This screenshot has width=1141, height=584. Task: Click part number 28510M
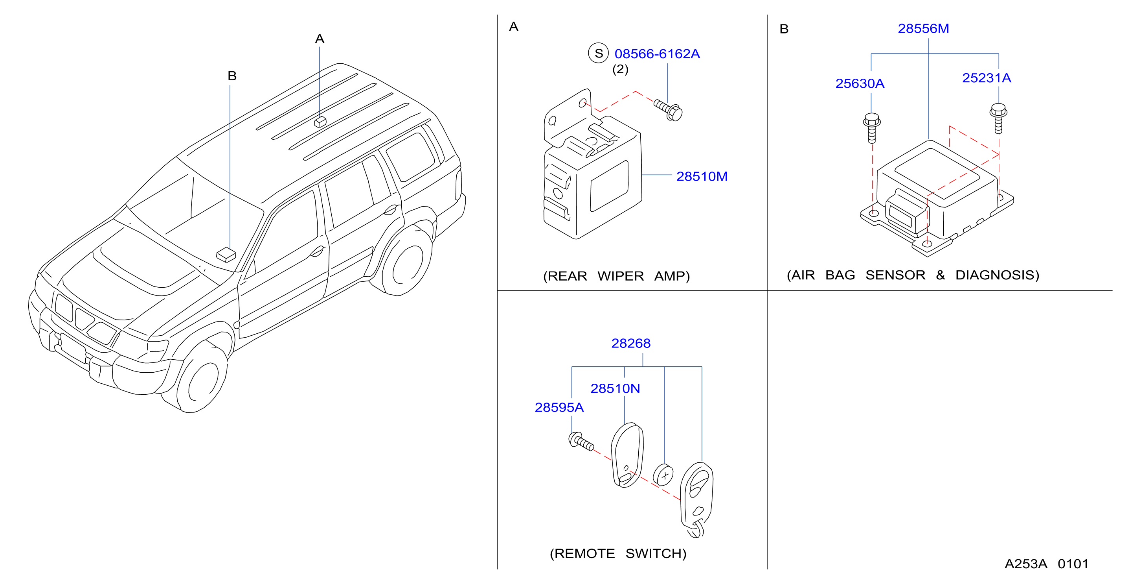(x=702, y=176)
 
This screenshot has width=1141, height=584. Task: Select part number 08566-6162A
(x=657, y=54)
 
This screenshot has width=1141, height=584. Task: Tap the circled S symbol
(x=598, y=53)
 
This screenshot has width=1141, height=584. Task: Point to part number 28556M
(x=923, y=28)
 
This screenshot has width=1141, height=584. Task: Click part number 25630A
(x=860, y=83)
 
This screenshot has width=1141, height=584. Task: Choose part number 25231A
(x=987, y=78)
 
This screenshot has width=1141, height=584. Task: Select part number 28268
(x=631, y=343)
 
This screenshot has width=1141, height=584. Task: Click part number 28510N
(x=615, y=388)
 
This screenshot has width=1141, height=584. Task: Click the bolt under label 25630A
(x=872, y=128)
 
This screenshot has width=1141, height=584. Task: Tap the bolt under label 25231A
(x=998, y=118)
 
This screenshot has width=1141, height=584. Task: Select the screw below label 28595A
(x=581, y=442)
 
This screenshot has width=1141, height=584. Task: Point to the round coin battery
(x=663, y=475)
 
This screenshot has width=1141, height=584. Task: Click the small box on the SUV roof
(x=320, y=122)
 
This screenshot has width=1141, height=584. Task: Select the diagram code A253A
(x=1026, y=564)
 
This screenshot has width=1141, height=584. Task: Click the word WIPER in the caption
(x=621, y=276)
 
